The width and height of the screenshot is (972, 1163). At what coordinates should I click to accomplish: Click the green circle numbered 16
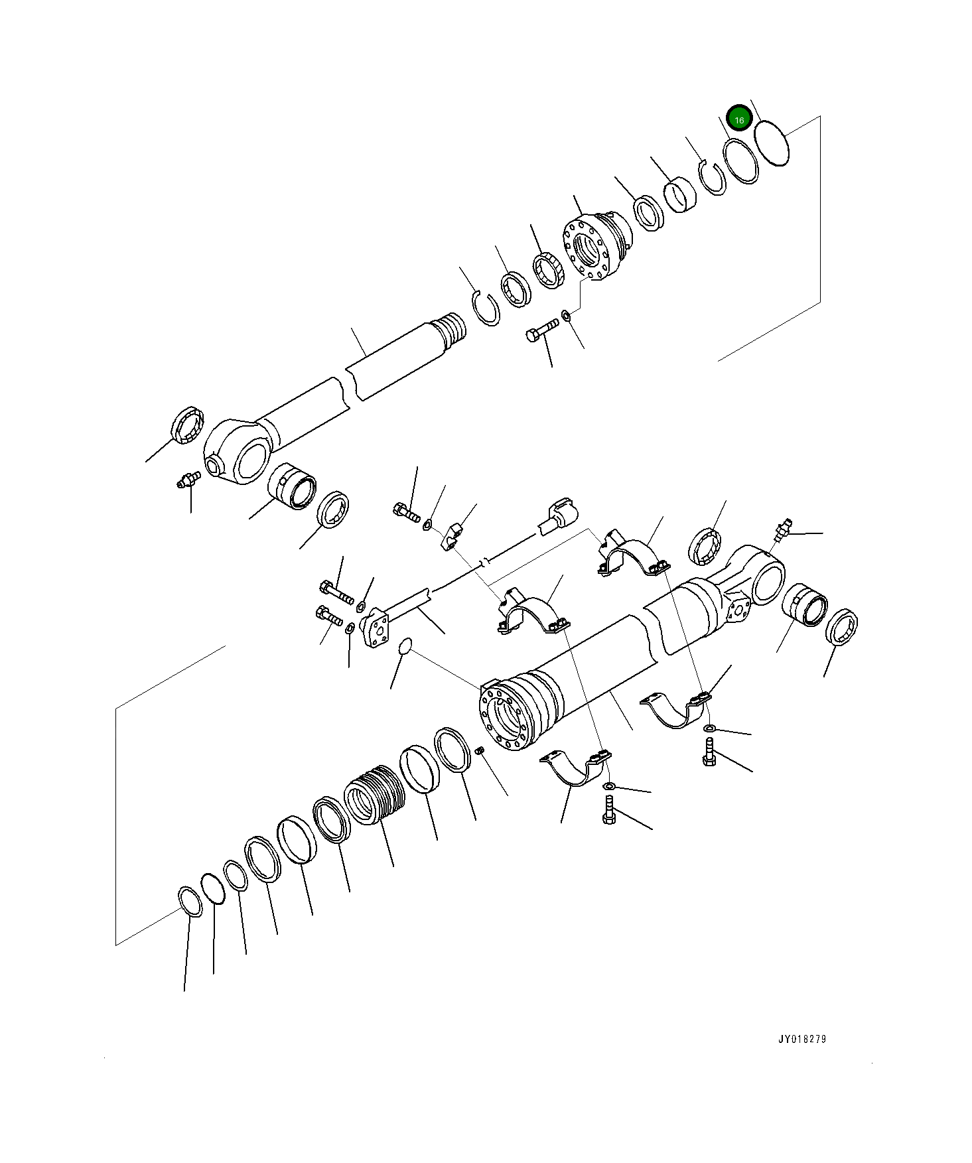click(738, 119)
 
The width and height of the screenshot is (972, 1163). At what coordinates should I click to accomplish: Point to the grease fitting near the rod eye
click(188, 479)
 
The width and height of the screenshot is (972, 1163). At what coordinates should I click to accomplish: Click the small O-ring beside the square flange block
click(405, 646)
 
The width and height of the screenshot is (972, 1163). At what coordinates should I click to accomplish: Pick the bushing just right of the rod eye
click(292, 486)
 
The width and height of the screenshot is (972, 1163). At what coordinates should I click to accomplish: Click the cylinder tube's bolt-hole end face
click(505, 721)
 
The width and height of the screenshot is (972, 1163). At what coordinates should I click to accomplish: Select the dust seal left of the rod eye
click(188, 427)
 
